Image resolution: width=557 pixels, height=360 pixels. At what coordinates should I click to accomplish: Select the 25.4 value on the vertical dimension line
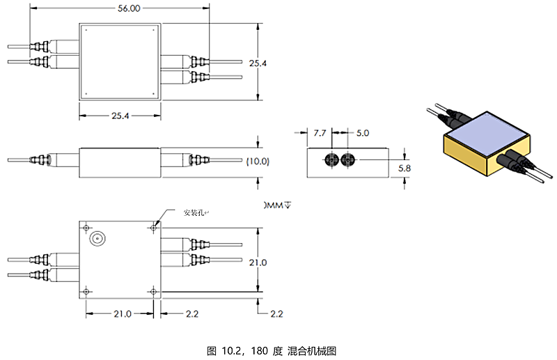pos(258,63)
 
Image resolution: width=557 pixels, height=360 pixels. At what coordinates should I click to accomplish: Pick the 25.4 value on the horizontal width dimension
pos(119,116)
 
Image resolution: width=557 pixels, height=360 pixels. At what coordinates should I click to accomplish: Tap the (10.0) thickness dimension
pos(258,161)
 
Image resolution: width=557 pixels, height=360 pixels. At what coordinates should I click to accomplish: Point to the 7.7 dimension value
pos(320,132)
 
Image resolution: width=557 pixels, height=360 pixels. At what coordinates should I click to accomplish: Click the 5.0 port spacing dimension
pos(363,132)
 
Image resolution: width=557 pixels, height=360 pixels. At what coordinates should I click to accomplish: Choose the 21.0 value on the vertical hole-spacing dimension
pos(258,262)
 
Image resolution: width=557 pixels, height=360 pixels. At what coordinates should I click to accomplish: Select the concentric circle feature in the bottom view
pos(97,238)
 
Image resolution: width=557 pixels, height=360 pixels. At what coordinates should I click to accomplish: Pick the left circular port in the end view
pos(331,160)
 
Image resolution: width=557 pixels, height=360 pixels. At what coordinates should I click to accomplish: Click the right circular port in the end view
pos(348,160)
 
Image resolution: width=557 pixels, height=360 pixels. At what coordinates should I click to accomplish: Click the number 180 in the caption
pos(260,350)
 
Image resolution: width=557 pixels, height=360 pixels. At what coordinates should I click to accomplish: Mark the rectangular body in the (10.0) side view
pos(120,162)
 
